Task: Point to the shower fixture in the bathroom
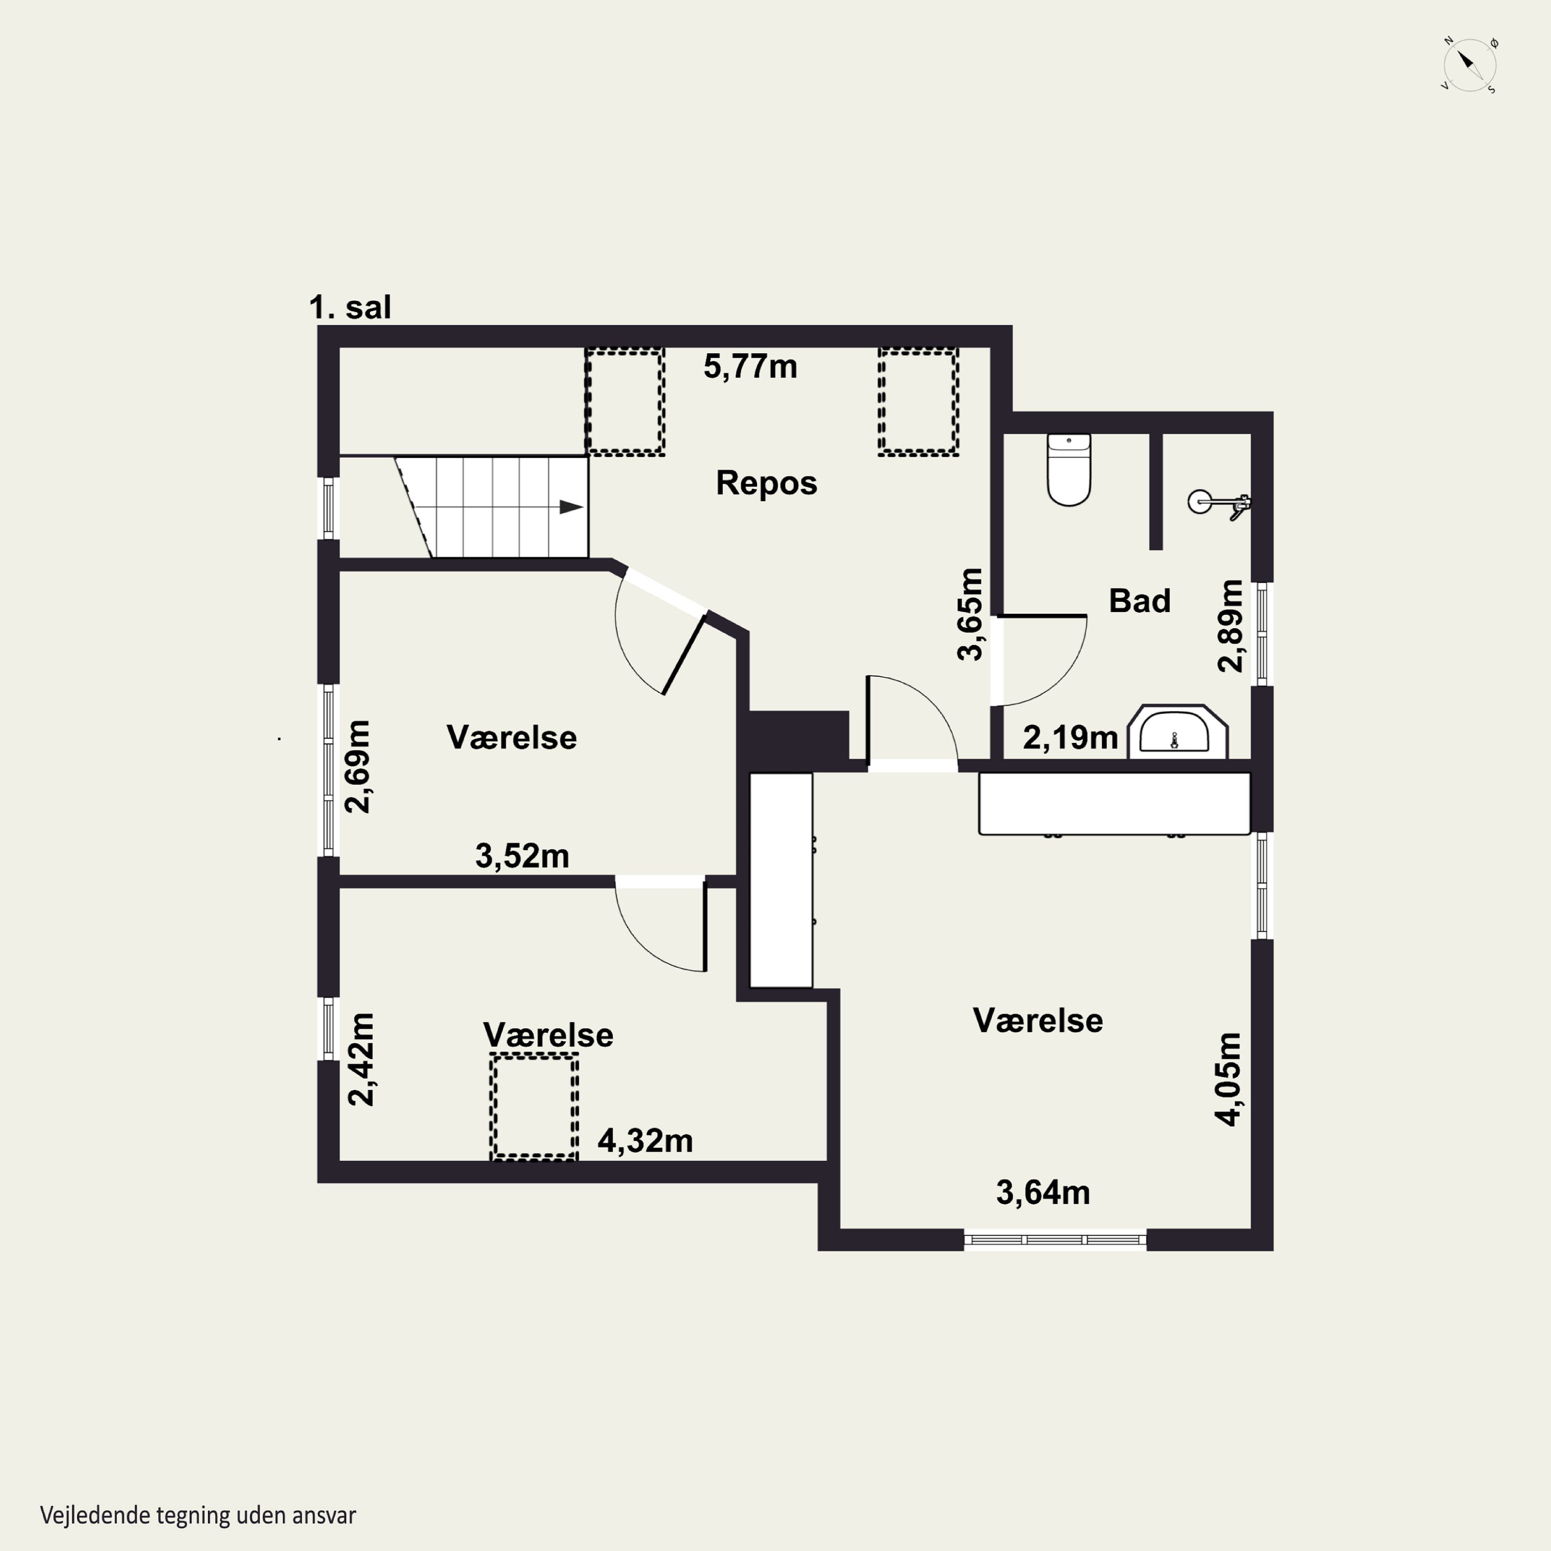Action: click(1219, 504)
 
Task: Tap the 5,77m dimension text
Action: click(751, 367)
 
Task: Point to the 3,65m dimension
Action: click(970, 614)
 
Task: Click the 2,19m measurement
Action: click(1070, 737)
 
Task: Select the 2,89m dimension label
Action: click(1230, 626)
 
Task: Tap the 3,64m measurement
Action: click(1043, 1193)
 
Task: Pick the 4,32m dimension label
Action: click(645, 1141)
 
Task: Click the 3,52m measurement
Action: click(522, 856)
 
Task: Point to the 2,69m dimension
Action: click(358, 767)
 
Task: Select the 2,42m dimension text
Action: click(361, 1060)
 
